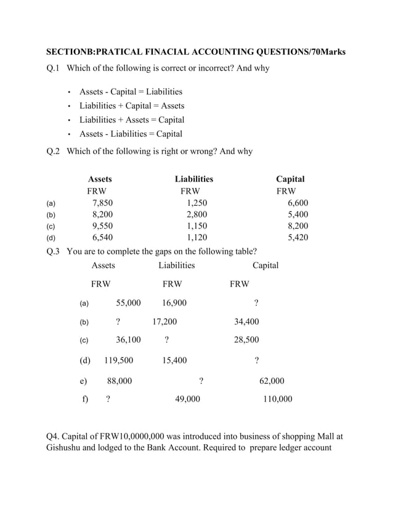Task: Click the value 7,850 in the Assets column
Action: coord(102,202)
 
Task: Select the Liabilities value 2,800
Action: coord(197,214)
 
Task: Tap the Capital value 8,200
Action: coord(298,226)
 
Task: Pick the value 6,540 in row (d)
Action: coord(102,237)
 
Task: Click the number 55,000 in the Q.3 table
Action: coord(128,303)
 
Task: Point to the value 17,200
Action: coord(164,322)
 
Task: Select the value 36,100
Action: coord(128,340)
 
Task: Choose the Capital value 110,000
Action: coord(277,399)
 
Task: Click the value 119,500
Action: coord(118,360)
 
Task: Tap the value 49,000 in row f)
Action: coord(187,399)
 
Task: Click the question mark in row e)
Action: coord(201,381)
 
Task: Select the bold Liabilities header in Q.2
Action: coord(194,179)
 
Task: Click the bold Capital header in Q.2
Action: coord(290,179)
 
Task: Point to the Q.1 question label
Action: coord(54,68)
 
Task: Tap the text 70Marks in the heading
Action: coord(329,52)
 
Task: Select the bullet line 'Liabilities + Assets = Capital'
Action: coord(131,120)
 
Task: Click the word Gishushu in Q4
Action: coord(68,447)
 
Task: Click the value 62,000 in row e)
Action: coord(272,381)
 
